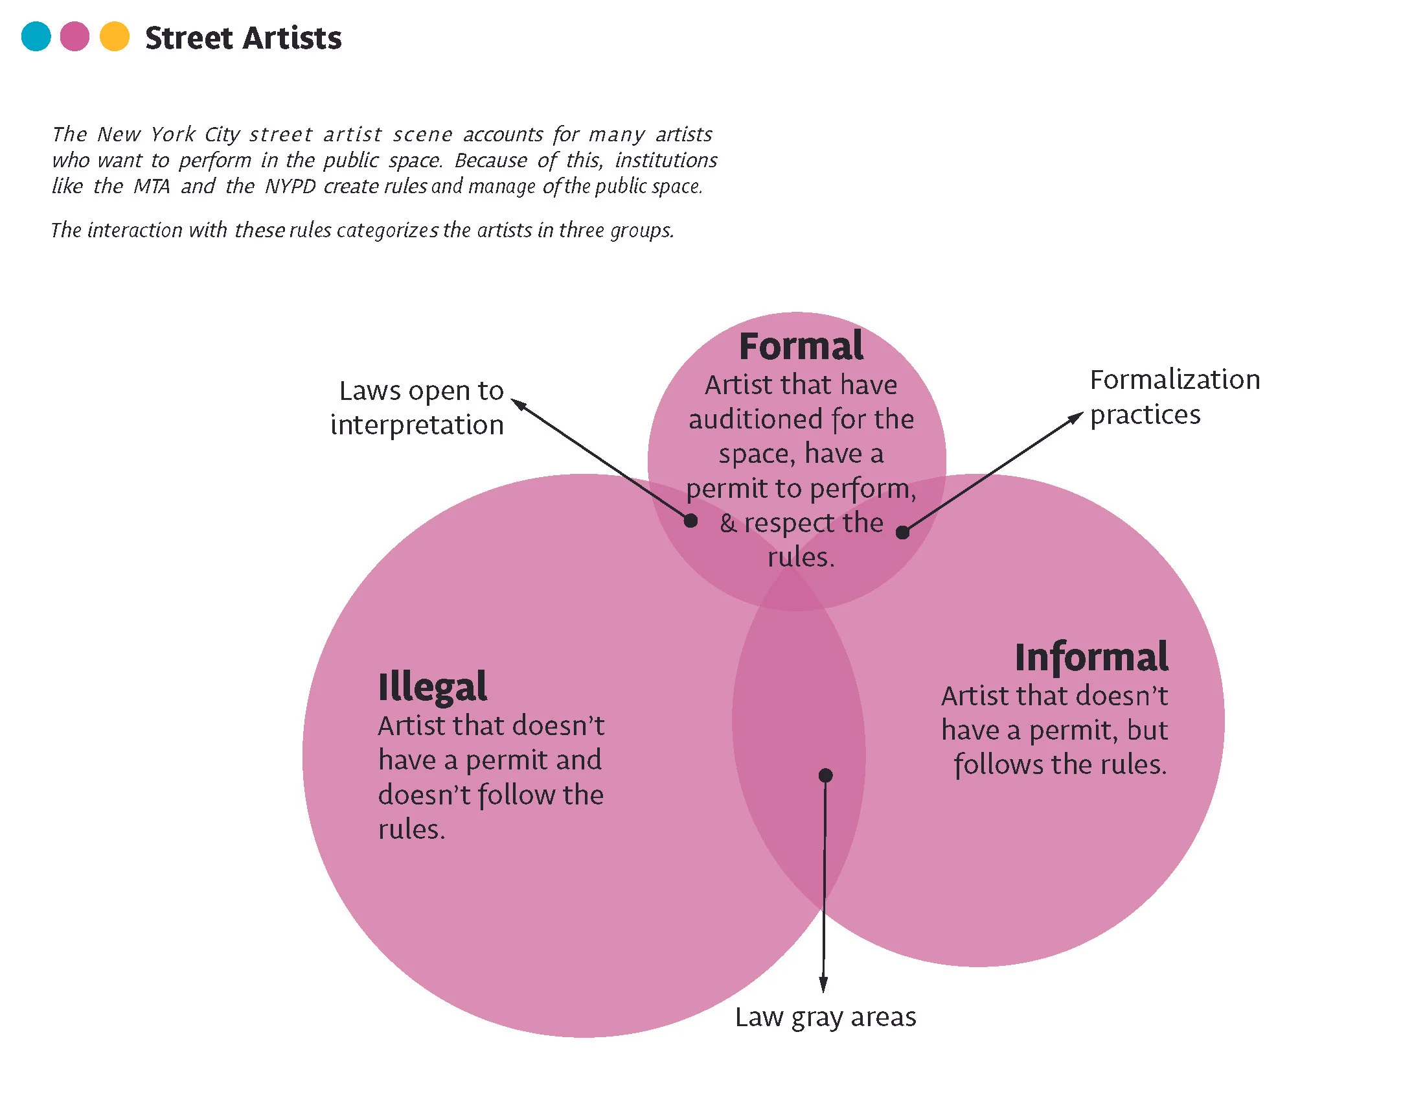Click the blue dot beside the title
36,36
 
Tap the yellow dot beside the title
115,36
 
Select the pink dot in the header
74,36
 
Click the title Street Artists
243,38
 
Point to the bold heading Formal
801,346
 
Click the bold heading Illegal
432,686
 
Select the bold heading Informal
1091,657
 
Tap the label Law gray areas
825,1017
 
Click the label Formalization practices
1174,396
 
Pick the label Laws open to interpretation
418,407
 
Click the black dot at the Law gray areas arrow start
825,775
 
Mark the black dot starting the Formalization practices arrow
903,533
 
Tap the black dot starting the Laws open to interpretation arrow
691,521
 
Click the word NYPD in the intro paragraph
290,187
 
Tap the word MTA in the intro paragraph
152,187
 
